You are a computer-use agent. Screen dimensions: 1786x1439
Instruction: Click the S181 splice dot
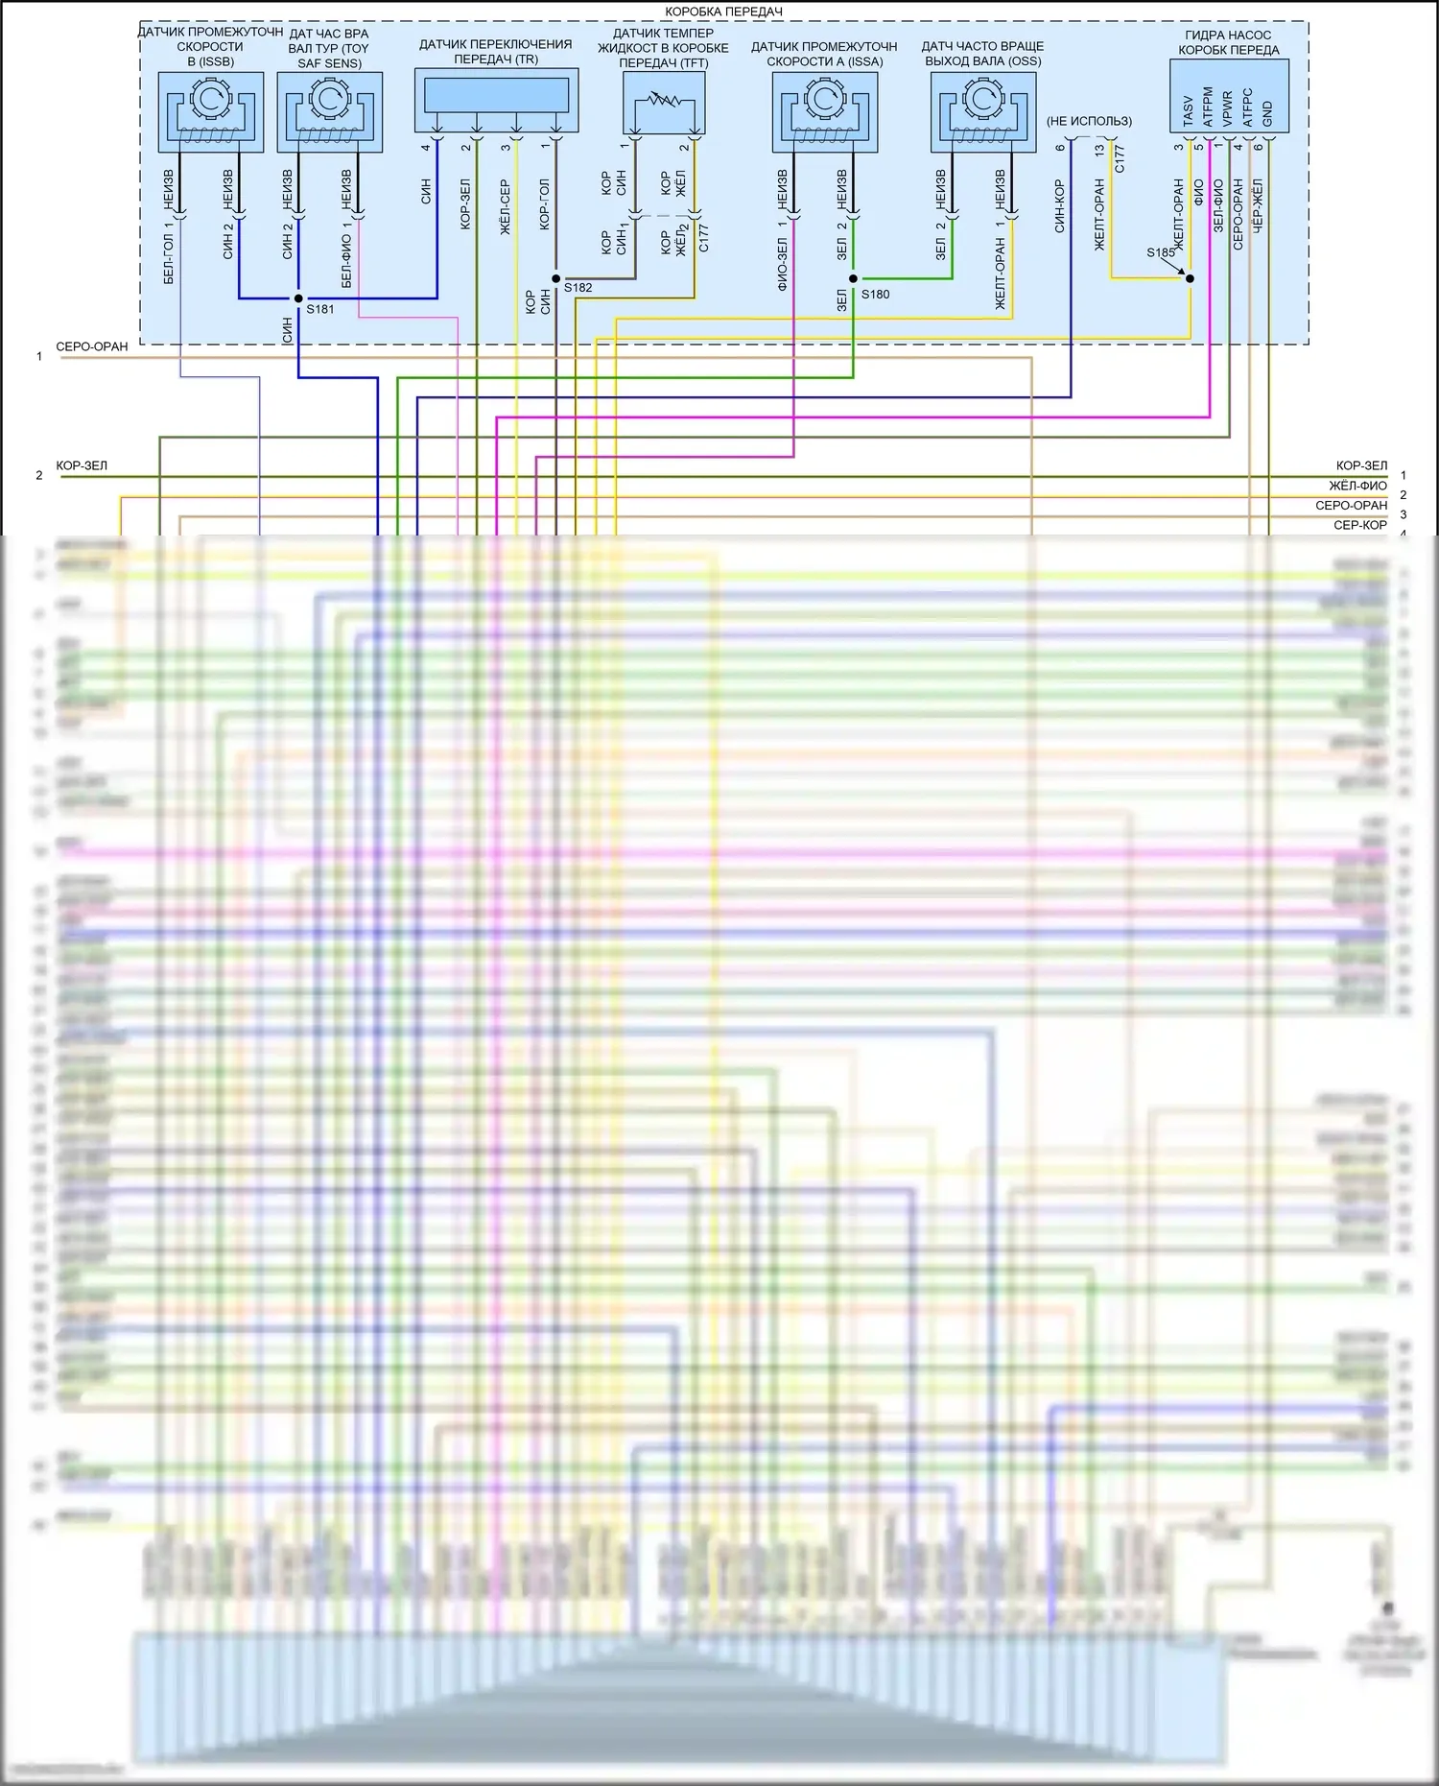[x=298, y=298]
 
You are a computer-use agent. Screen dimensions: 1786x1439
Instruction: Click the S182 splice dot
[x=556, y=278]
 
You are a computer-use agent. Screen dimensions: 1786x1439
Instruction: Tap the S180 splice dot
[x=853, y=278]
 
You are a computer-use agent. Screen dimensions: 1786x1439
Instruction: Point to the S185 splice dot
[x=1191, y=278]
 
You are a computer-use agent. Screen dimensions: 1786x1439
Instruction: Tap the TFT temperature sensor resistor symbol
[x=664, y=101]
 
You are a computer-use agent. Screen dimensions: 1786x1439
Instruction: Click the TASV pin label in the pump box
[x=1189, y=109]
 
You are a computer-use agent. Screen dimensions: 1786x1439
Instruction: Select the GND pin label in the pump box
[x=1267, y=113]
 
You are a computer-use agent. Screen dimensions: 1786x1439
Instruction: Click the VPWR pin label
[x=1228, y=109]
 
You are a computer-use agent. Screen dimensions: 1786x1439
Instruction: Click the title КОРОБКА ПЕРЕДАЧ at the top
[x=723, y=12]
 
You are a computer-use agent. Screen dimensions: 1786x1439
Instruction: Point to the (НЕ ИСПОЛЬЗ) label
[x=1089, y=121]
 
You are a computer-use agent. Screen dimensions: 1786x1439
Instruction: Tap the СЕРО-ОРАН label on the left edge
[x=92, y=346]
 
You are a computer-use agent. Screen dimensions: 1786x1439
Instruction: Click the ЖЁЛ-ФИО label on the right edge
[x=1357, y=486]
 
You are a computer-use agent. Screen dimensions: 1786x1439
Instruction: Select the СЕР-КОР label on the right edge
[x=1359, y=525]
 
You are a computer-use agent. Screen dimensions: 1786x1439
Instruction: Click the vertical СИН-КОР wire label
[x=1060, y=206]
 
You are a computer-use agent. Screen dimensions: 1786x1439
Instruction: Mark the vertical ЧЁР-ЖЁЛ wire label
[x=1258, y=204]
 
